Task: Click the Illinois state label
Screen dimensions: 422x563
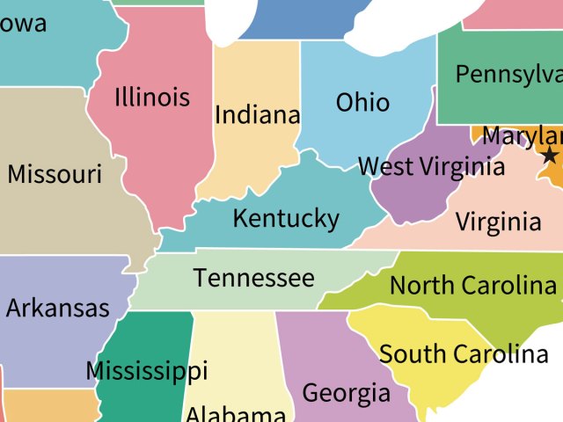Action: point(151,96)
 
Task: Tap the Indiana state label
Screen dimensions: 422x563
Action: point(257,114)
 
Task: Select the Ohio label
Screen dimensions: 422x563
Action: point(362,102)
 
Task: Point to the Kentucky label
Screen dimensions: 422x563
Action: point(285,217)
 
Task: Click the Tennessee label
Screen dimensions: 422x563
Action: point(253,278)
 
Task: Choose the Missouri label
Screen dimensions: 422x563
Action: point(55,173)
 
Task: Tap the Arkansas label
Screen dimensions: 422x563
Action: point(57,308)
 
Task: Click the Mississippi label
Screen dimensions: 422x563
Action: point(146,370)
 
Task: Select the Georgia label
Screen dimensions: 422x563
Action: point(346,392)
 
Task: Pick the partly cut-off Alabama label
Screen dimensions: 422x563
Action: point(235,414)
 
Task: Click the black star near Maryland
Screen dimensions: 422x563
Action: point(550,156)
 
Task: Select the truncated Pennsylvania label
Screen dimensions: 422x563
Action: point(508,75)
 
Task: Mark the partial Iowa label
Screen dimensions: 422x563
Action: point(24,24)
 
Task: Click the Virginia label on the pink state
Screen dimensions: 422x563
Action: point(498,222)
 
